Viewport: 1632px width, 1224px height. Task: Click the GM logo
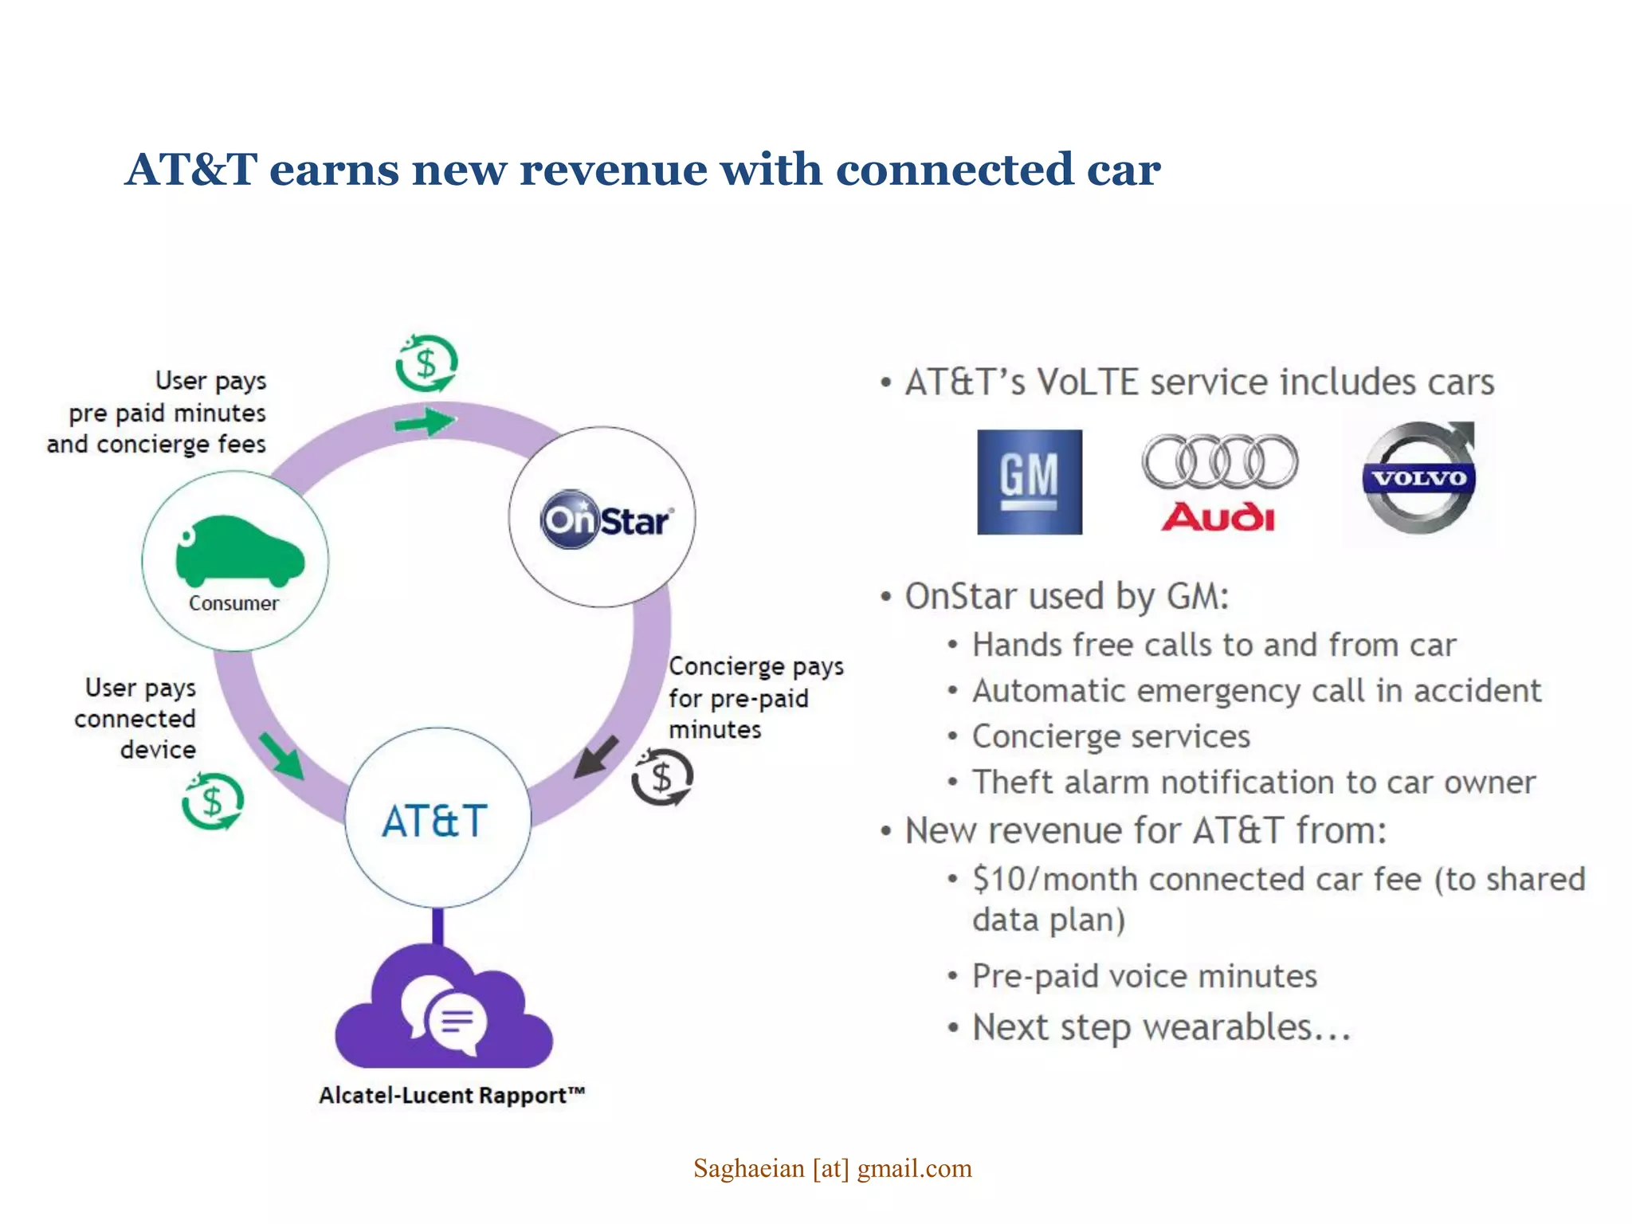coord(1029,481)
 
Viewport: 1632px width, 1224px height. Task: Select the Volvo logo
coord(1418,478)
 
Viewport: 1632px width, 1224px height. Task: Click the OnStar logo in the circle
coord(606,520)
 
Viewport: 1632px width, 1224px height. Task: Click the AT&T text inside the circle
coord(435,821)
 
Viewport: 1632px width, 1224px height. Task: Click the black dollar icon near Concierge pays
coord(662,777)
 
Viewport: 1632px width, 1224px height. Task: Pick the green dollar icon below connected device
coord(212,801)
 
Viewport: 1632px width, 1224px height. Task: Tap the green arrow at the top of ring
coord(425,422)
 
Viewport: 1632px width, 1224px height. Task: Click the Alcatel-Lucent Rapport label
coord(452,1095)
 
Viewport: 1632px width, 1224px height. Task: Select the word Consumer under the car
coord(233,603)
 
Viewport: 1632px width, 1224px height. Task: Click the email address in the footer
coord(832,1168)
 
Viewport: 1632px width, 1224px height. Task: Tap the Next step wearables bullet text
coord(1161,1027)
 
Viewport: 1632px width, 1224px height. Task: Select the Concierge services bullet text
coord(1111,736)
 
